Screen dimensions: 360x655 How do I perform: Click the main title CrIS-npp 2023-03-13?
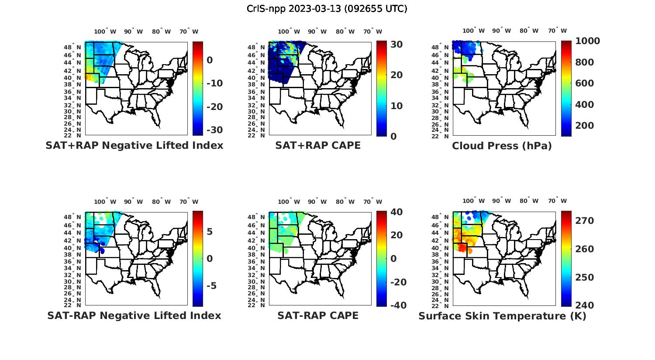(327, 9)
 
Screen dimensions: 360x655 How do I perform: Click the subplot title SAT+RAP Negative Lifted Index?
(134, 145)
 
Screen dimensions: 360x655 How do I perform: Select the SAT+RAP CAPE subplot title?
(318, 145)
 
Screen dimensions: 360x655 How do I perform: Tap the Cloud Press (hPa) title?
(502, 146)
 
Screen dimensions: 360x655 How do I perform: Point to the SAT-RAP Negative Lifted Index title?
(134, 315)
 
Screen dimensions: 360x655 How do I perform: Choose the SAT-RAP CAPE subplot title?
(318, 315)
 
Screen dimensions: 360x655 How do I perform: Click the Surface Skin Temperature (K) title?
(502, 316)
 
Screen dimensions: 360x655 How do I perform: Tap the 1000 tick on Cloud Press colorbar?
(587, 41)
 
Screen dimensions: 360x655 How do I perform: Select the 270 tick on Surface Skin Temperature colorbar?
(584, 221)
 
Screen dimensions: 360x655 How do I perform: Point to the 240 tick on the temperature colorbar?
(584, 305)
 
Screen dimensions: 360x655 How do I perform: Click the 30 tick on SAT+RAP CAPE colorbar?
(396, 45)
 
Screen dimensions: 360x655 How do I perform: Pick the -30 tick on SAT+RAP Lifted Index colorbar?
(214, 130)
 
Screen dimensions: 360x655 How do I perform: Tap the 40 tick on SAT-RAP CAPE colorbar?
(396, 212)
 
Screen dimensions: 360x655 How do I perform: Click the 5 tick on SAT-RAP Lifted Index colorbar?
(210, 231)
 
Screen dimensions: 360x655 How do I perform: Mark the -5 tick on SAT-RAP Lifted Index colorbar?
(211, 286)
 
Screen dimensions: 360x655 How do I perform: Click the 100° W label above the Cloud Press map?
(473, 31)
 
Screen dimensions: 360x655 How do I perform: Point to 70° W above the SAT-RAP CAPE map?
(372, 202)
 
